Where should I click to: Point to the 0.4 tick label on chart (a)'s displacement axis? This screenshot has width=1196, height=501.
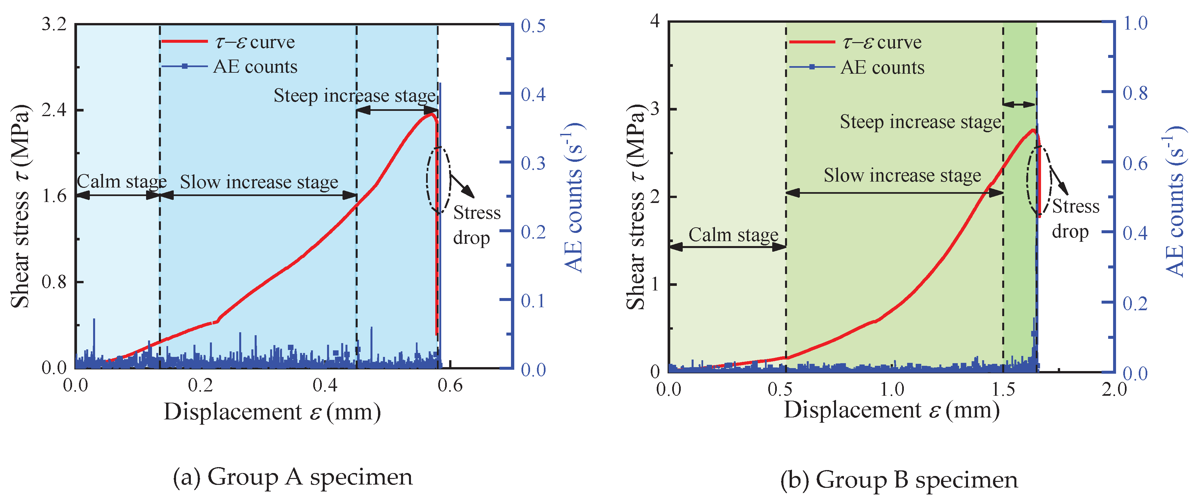coord(325,386)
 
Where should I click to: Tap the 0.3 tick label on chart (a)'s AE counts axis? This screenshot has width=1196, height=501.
coord(533,163)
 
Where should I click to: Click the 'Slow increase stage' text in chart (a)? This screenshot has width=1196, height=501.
coord(259,182)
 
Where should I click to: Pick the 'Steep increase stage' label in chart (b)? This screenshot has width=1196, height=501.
coord(920,122)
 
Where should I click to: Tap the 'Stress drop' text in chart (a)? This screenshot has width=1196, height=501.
coord(476,225)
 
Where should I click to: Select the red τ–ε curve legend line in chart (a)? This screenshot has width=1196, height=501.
coord(184,42)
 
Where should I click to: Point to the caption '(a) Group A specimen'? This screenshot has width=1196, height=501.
coord(293,477)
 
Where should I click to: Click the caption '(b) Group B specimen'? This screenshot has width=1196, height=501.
coord(899,480)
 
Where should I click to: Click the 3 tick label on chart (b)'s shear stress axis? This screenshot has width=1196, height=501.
coord(655,110)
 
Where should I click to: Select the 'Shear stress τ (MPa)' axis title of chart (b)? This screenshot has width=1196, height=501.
coord(636,207)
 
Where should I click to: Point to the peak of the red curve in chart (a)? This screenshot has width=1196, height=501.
coord(431,114)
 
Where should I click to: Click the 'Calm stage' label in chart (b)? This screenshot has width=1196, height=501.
coord(733,235)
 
